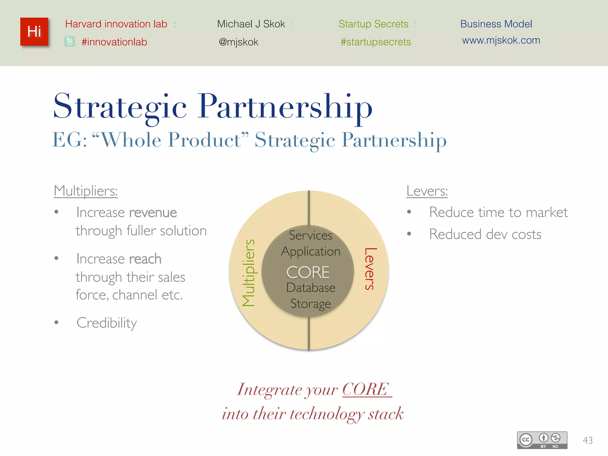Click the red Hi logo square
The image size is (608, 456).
tap(34, 32)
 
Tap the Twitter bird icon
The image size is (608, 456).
tap(70, 42)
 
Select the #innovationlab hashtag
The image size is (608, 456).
tap(114, 42)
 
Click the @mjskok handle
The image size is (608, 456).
tap(238, 42)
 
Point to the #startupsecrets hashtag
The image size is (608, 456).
tap(376, 42)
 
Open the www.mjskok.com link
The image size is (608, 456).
tap(501, 40)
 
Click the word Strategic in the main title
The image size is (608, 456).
tap(120, 107)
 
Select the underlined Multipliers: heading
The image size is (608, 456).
tap(86, 191)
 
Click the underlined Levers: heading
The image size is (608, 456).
tap(427, 191)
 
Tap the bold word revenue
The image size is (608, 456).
tap(153, 213)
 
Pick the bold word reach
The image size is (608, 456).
tap(145, 259)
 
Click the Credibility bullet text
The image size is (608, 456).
tap(107, 323)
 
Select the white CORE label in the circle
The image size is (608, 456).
tap(308, 272)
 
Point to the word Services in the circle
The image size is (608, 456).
tap(311, 235)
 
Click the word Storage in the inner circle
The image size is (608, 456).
tap(311, 304)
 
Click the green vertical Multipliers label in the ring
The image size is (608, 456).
tap(248, 272)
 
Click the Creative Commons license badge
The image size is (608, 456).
tap(542, 440)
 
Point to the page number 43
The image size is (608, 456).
tap(588, 440)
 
